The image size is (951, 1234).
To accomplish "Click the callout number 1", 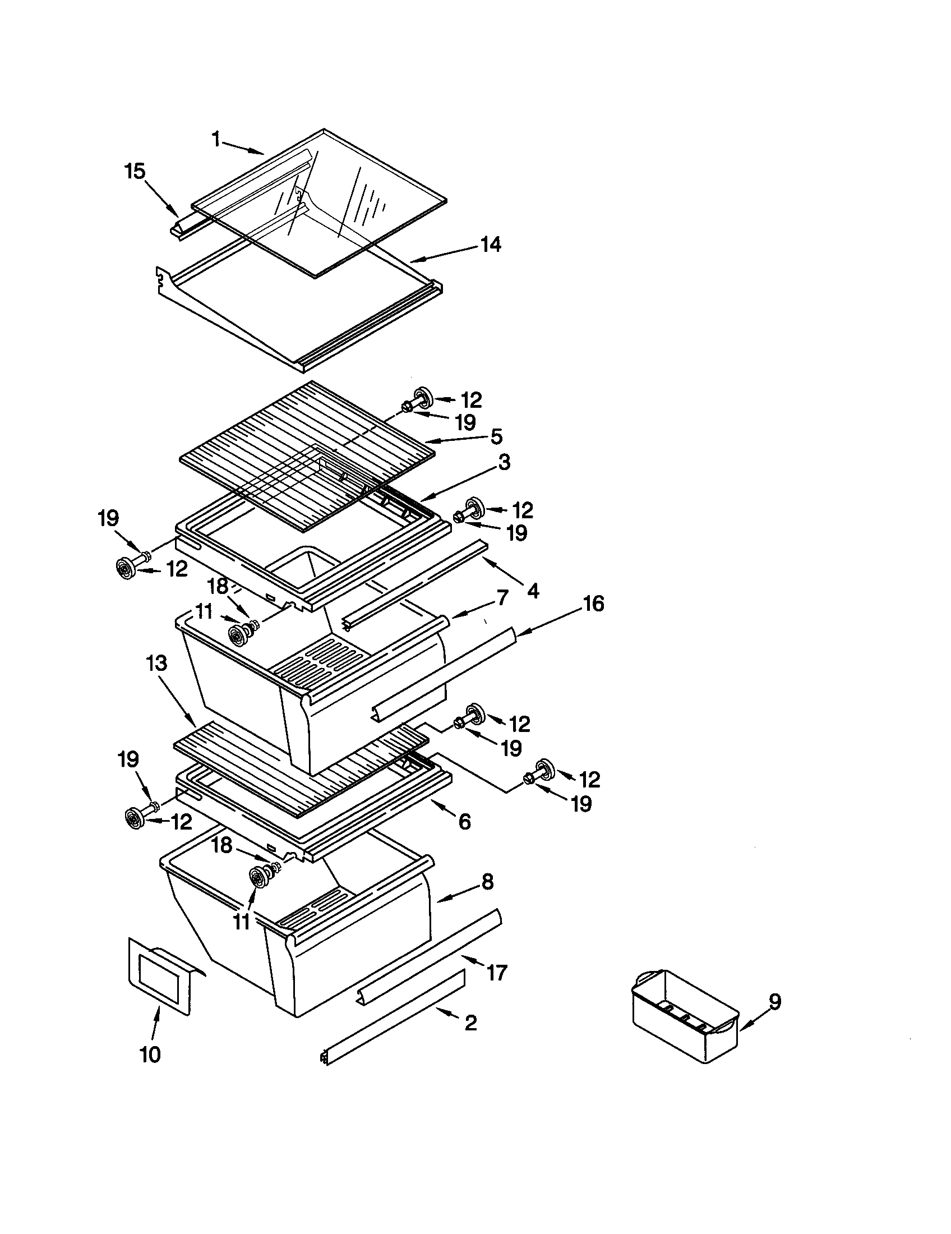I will [216, 139].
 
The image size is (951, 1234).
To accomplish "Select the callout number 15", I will [135, 171].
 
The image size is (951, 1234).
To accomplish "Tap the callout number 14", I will [490, 245].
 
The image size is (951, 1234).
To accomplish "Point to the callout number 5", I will [496, 436].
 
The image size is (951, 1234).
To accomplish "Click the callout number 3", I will [504, 462].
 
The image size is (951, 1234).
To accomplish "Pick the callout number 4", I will [532, 591].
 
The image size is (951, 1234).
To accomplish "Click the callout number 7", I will [502, 597].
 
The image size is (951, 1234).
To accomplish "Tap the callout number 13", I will [156, 664].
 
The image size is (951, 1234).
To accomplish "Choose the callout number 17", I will [496, 973].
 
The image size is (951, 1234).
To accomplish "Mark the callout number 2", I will [470, 1022].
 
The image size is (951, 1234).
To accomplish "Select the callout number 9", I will [775, 1002].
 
